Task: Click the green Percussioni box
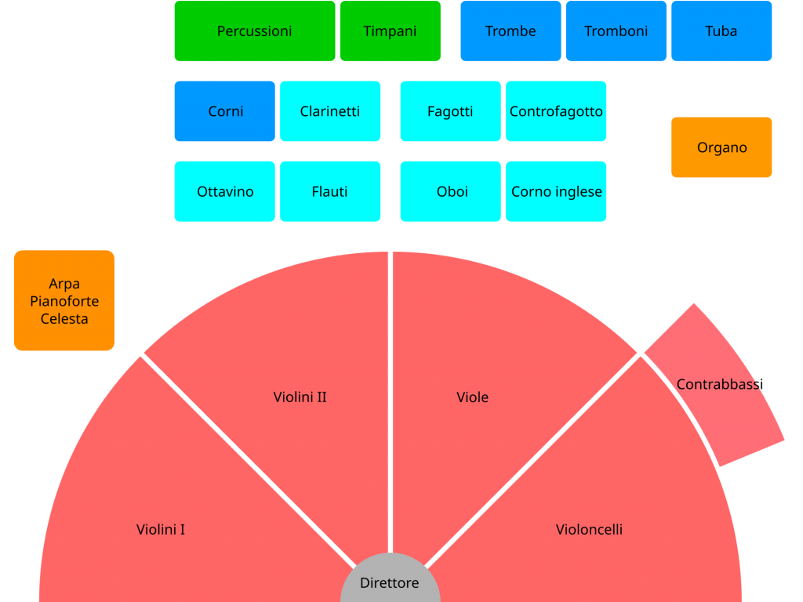click(254, 31)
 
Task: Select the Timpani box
click(390, 31)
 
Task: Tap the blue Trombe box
click(511, 31)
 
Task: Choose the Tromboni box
click(616, 31)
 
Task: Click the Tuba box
click(721, 31)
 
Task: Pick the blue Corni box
click(225, 111)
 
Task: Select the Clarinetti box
click(330, 111)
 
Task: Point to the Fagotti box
click(450, 111)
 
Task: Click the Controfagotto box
click(556, 111)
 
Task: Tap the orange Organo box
click(721, 147)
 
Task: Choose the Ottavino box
click(225, 191)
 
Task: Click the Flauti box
click(330, 191)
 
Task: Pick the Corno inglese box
click(556, 191)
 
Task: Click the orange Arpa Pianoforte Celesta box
click(64, 300)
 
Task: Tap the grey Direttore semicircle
click(390, 582)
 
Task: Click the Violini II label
click(300, 397)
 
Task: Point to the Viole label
click(472, 397)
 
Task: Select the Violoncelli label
click(589, 530)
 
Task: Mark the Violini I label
click(161, 530)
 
